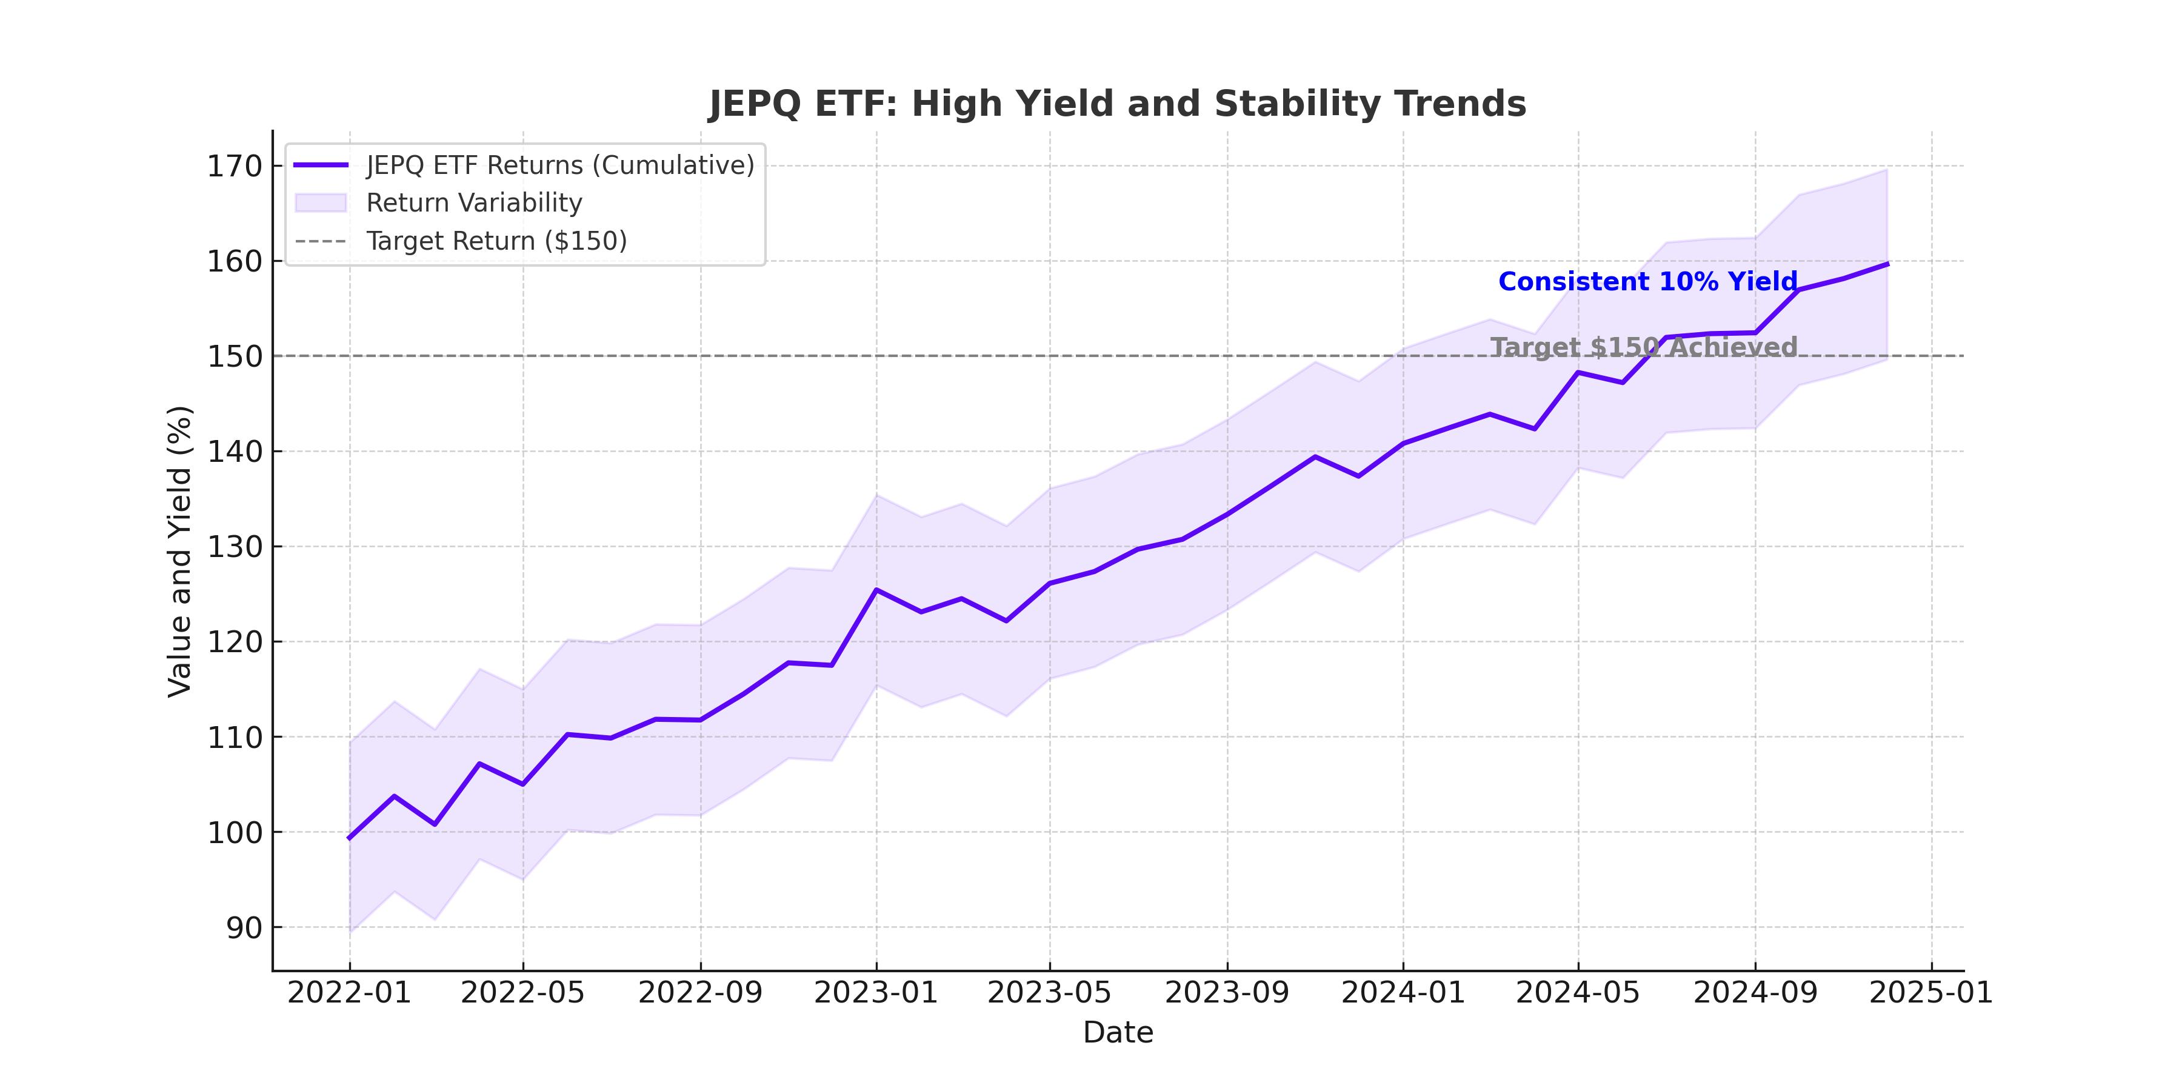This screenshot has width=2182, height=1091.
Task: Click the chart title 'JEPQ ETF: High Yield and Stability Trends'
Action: pos(1117,104)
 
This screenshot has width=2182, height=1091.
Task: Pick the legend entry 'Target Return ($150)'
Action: pos(496,241)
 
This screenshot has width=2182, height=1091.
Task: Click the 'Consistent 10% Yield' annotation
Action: pos(1647,282)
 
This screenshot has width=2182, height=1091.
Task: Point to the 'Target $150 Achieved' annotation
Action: pos(1643,347)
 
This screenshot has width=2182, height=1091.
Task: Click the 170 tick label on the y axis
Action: pos(235,166)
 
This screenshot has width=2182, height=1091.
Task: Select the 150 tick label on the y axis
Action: pos(235,356)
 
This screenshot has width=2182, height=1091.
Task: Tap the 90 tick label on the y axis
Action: pos(244,927)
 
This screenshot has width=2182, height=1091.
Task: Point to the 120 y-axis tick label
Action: pos(235,642)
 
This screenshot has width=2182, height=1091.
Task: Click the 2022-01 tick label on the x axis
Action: pos(349,993)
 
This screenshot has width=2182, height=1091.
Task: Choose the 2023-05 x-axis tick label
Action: pos(1050,993)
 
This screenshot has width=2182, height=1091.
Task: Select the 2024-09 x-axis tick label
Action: pos(1755,993)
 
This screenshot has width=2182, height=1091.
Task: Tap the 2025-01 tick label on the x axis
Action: pos(1931,993)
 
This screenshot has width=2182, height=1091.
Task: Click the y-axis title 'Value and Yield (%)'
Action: pos(179,552)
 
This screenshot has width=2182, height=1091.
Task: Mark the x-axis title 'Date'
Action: pos(1117,1033)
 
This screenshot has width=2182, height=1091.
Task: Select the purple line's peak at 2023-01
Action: pos(876,590)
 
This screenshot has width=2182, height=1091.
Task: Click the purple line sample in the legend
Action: pos(321,165)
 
